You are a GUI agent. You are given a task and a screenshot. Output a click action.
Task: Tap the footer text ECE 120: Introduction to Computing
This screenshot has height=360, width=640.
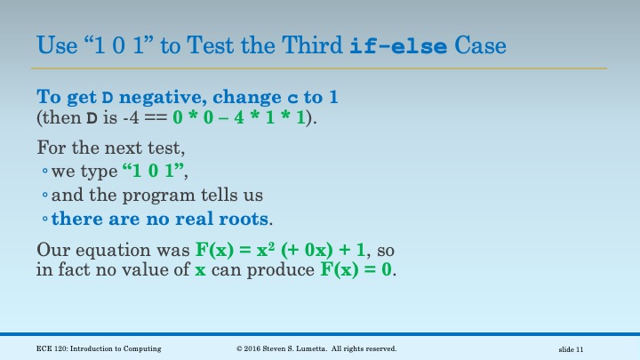coord(99,348)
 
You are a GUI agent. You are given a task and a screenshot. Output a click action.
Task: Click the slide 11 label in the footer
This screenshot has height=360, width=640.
coord(570,348)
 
